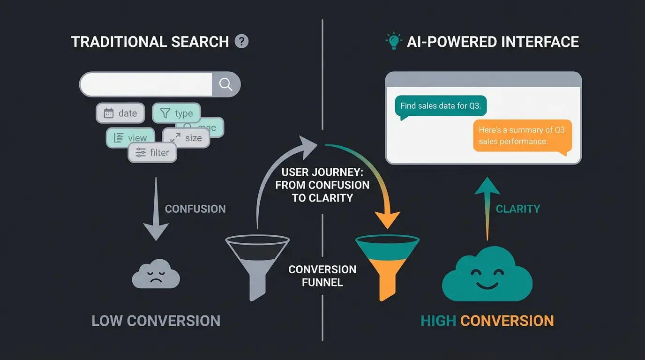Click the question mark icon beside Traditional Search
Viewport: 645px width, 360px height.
point(241,41)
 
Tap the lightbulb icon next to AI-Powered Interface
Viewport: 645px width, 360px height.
point(393,41)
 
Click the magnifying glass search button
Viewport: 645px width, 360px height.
point(226,84)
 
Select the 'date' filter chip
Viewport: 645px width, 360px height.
point(120,113)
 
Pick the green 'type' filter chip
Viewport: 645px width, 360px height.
point(176,113)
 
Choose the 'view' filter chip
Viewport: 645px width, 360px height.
point(130,138)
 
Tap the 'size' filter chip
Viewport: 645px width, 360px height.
point(186,138)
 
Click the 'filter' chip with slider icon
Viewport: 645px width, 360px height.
point(152,153)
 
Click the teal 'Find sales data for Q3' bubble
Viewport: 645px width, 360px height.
point(440,106)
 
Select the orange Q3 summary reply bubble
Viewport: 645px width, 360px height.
point(522,135)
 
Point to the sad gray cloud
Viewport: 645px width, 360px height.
point(156,274)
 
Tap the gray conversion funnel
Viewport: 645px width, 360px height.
point(257,265)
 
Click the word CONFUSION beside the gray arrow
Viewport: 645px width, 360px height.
point(195,209)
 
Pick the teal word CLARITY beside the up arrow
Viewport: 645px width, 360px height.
point(517,209)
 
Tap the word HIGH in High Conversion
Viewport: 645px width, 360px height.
point(438,321)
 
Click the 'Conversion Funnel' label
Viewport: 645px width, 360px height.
point(322,276)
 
